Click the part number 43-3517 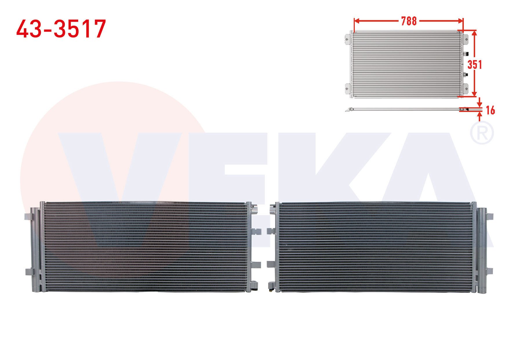point(61,29)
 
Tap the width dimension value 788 point(409,21)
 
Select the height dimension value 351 point(475,64)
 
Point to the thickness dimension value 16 point(490,110)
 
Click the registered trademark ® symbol point(481,133)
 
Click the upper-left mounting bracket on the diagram point(348,39)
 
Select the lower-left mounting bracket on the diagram point(348,88)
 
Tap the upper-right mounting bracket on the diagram point(466,39)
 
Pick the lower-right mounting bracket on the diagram point(466,88)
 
